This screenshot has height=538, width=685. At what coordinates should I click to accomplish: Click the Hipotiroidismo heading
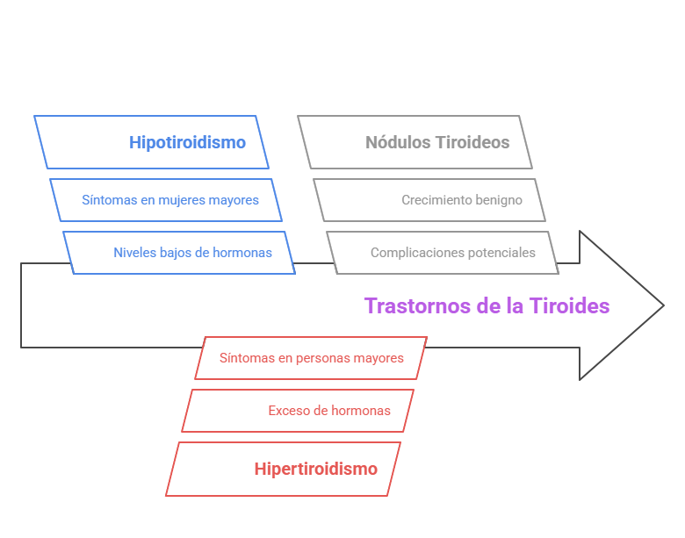187,142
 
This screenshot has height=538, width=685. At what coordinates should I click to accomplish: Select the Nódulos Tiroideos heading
437,142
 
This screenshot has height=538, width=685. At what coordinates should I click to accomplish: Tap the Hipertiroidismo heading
315,469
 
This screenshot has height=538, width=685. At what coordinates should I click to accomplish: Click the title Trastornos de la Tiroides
487,305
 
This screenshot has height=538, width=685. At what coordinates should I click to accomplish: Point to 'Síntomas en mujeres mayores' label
170,200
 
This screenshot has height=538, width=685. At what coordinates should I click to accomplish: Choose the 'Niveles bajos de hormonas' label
192,253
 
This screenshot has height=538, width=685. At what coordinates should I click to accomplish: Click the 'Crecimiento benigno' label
462,200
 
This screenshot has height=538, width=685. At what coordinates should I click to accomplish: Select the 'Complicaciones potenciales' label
452,253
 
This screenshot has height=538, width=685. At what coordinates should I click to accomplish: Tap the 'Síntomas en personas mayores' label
311,358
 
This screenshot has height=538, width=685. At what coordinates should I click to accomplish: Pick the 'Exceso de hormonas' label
329,411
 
